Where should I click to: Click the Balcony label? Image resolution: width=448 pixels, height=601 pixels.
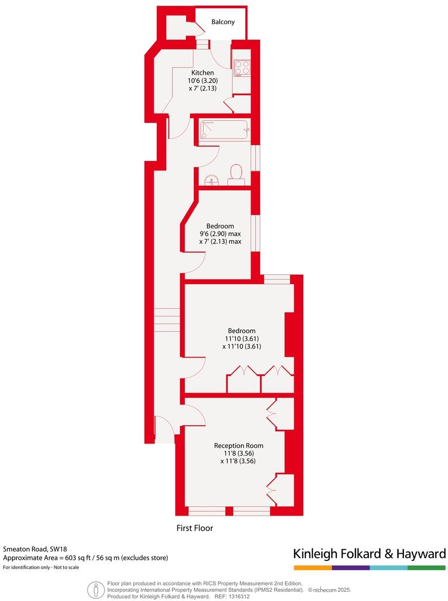(x=223, y=22)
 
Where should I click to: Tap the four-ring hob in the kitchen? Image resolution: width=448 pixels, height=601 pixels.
(x=242, y=67)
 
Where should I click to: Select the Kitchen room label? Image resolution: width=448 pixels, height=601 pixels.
(x=203, y=73)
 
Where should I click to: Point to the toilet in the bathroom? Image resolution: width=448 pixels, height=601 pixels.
(x=236, y=174)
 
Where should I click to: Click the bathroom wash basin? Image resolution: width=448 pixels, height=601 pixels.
(x=211, y=180)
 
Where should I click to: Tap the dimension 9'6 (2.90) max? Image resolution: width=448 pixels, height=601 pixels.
(x=220, y=234)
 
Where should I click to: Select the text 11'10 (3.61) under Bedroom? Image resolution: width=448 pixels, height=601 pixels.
(x=241, y=339)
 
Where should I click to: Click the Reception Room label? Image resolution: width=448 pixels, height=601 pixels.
(x=239, y=446)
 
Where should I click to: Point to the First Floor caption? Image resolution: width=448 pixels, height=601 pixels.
(x=194, y=528)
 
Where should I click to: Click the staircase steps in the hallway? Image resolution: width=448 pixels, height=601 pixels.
(x=167, y=320)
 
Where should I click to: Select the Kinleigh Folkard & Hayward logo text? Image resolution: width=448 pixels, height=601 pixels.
(x=369, y=554)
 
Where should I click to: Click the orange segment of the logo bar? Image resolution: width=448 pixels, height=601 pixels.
(x=313, y=568)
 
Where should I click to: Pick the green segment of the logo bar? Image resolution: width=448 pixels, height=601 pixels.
(x=426, y=568)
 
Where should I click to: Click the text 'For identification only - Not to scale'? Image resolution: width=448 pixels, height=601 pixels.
(x=41, y=567)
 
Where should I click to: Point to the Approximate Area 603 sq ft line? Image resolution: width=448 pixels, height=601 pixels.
(x=85, y=558)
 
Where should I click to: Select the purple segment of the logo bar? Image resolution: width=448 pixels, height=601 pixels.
(x=351, y=568)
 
